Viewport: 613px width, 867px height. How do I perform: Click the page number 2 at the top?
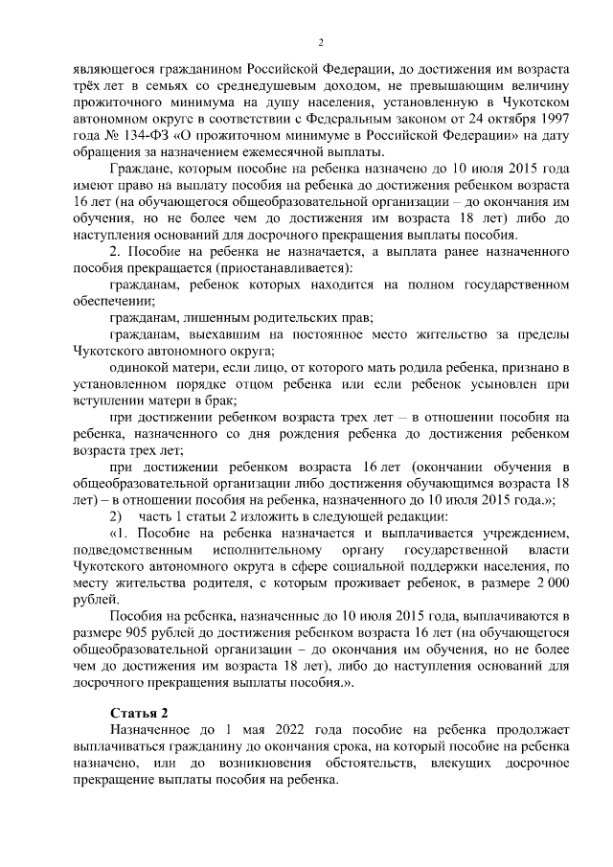(x=322, y=42)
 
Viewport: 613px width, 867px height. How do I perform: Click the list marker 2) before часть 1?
(x=117, y=516)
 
